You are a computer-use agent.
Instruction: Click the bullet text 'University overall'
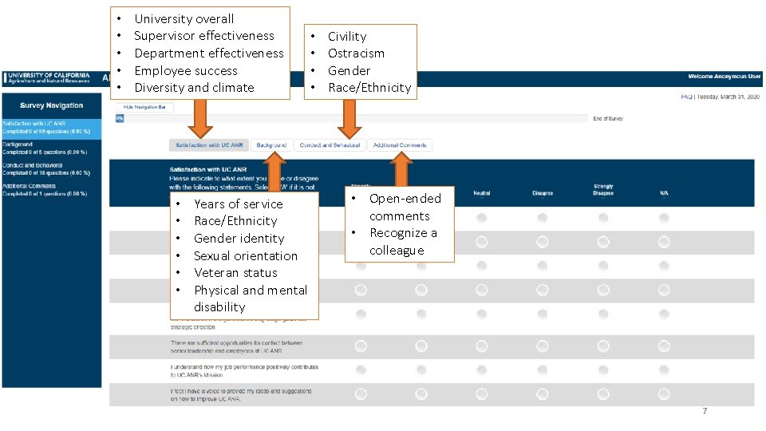(184, 18)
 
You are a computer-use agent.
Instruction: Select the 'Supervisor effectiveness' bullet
(203, 36)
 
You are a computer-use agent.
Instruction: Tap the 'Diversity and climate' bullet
(194, 88)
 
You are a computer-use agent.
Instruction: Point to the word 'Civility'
(347, 37)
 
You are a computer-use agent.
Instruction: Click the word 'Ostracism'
(356, 53)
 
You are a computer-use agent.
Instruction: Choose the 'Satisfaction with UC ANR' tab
(209, 145)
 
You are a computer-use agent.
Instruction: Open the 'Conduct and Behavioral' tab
(330, 145)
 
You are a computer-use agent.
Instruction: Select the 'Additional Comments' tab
(400, 145)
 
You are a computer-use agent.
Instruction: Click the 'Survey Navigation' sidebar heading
(52, 105)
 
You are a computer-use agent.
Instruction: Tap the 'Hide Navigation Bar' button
(144, 106)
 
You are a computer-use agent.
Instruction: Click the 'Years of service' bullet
(238, 204)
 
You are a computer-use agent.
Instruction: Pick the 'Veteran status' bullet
(235, 273)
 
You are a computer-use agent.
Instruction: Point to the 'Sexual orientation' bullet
(245, 256)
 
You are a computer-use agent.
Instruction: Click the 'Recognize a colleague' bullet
(403, 242)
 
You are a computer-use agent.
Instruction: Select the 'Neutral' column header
(482, 193)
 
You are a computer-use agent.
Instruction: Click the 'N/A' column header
(664, 193)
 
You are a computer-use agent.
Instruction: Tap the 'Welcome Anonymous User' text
(725, 77)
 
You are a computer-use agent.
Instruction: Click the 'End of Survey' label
(608, 118)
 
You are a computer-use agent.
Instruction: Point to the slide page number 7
(705, 411)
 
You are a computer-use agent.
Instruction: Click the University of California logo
(48, 77)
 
